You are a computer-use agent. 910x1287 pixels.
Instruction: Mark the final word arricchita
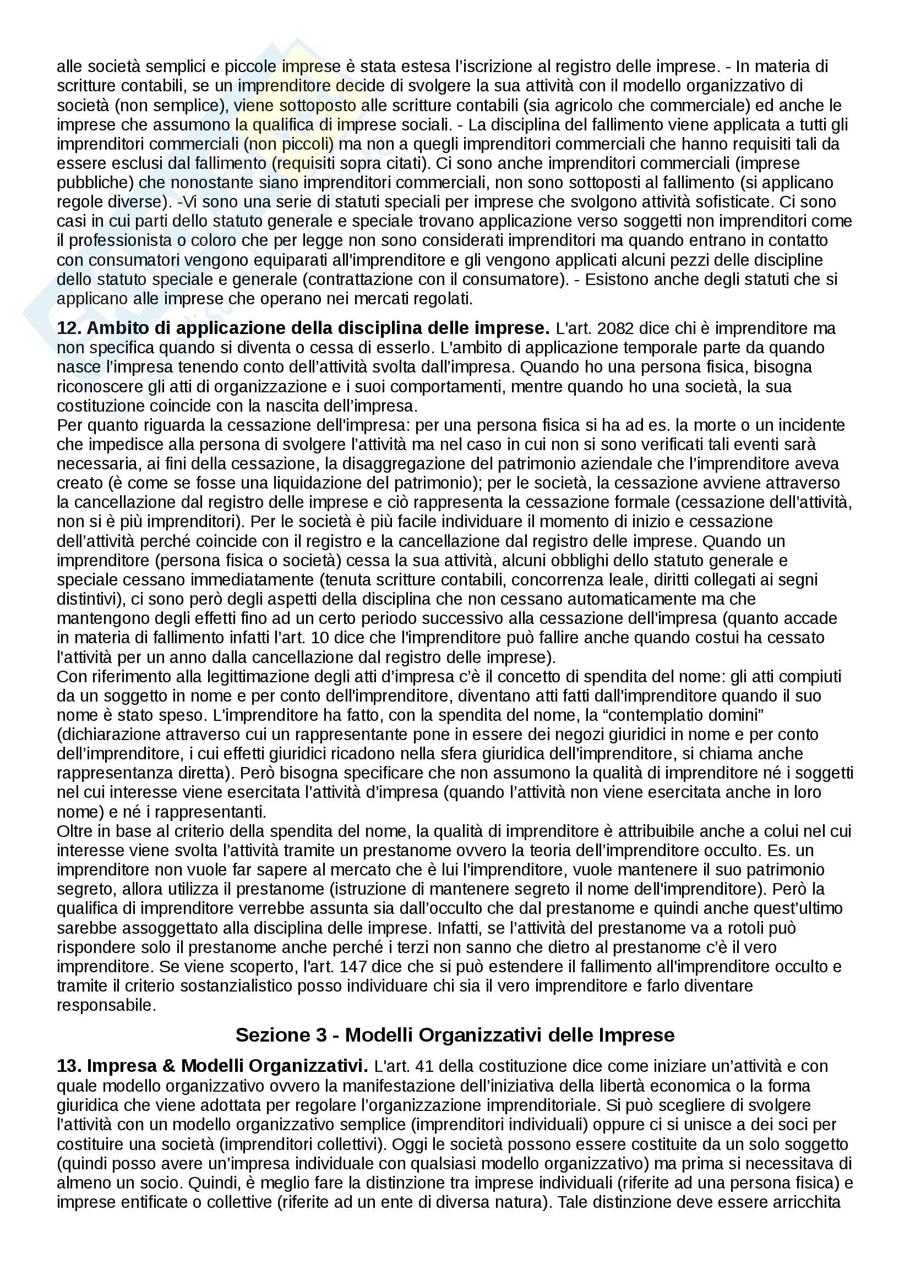[809, 1201]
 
